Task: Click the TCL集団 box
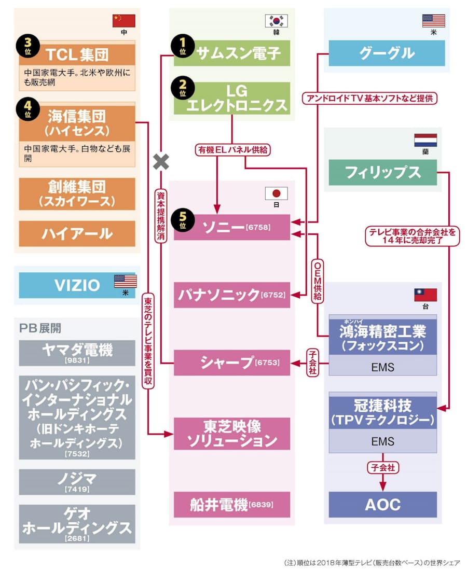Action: pyautogui.click(x=77, y=54)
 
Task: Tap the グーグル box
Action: pyautogui.click(x=387, y=52)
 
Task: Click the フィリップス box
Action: pyautogui.click(x=382, y=173)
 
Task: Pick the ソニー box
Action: pyautogui.click(x=232, y=228)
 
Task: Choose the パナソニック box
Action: pyautogui.click(x=232, y=295)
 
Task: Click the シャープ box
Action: pyautogui.click(x=232, y=363)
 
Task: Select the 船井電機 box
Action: pyautogui.click(x=232, y=504)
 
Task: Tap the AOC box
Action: pyautogui.click(x=382, y=504)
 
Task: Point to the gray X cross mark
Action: pyautogui.click(x=161, y=162)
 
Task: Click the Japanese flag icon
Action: pyautogui.click(x=276, y=193)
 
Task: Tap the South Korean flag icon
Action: pyautogui.click(x=276, y=21)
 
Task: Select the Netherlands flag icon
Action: pyautogui.click(x=425, y=140)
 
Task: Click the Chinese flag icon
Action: pyautogui.click(x=123, y=21)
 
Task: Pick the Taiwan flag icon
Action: pyautogui.click(x=425, y=295)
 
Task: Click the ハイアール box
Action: pyautogui.click(x=77, y=233)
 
